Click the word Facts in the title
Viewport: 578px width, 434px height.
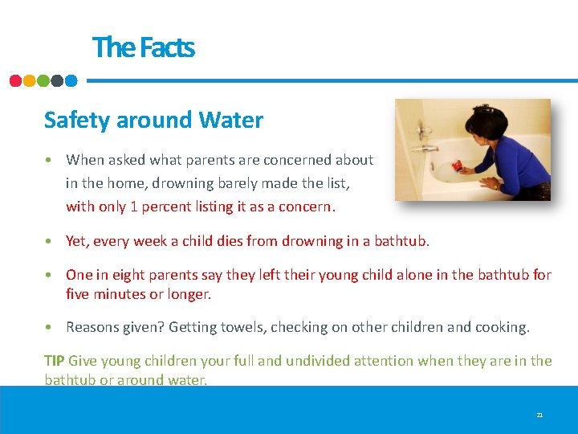(x=166, y=47)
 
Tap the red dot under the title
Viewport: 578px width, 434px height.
(x=15, y=80)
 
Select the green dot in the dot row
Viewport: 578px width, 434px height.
(x=43, y=80)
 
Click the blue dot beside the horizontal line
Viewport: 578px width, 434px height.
(x=71, y=80)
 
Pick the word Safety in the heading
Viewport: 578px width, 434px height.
(x=77, y=121)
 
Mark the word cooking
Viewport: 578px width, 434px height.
(x=503, y=327)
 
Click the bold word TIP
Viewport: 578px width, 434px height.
(x=55, y=361)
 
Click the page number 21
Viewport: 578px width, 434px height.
(x=539, y=415)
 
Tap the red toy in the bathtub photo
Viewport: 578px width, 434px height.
(x=457, y=166)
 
